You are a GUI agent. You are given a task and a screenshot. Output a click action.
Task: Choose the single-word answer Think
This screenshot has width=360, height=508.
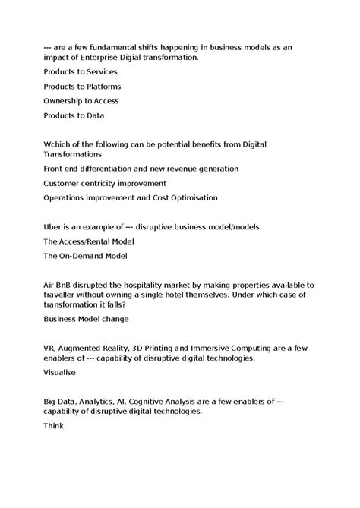[x=54, y=427]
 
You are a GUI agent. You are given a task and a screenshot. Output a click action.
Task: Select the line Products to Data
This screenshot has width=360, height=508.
[x=74, y=115]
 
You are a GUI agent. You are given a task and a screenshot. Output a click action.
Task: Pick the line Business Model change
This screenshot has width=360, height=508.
[x=86, y=319]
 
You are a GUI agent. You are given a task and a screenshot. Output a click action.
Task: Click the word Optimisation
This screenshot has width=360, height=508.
[x=190, y=197]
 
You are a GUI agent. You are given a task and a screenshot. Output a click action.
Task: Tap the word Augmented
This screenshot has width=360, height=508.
[x=87, y=349]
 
